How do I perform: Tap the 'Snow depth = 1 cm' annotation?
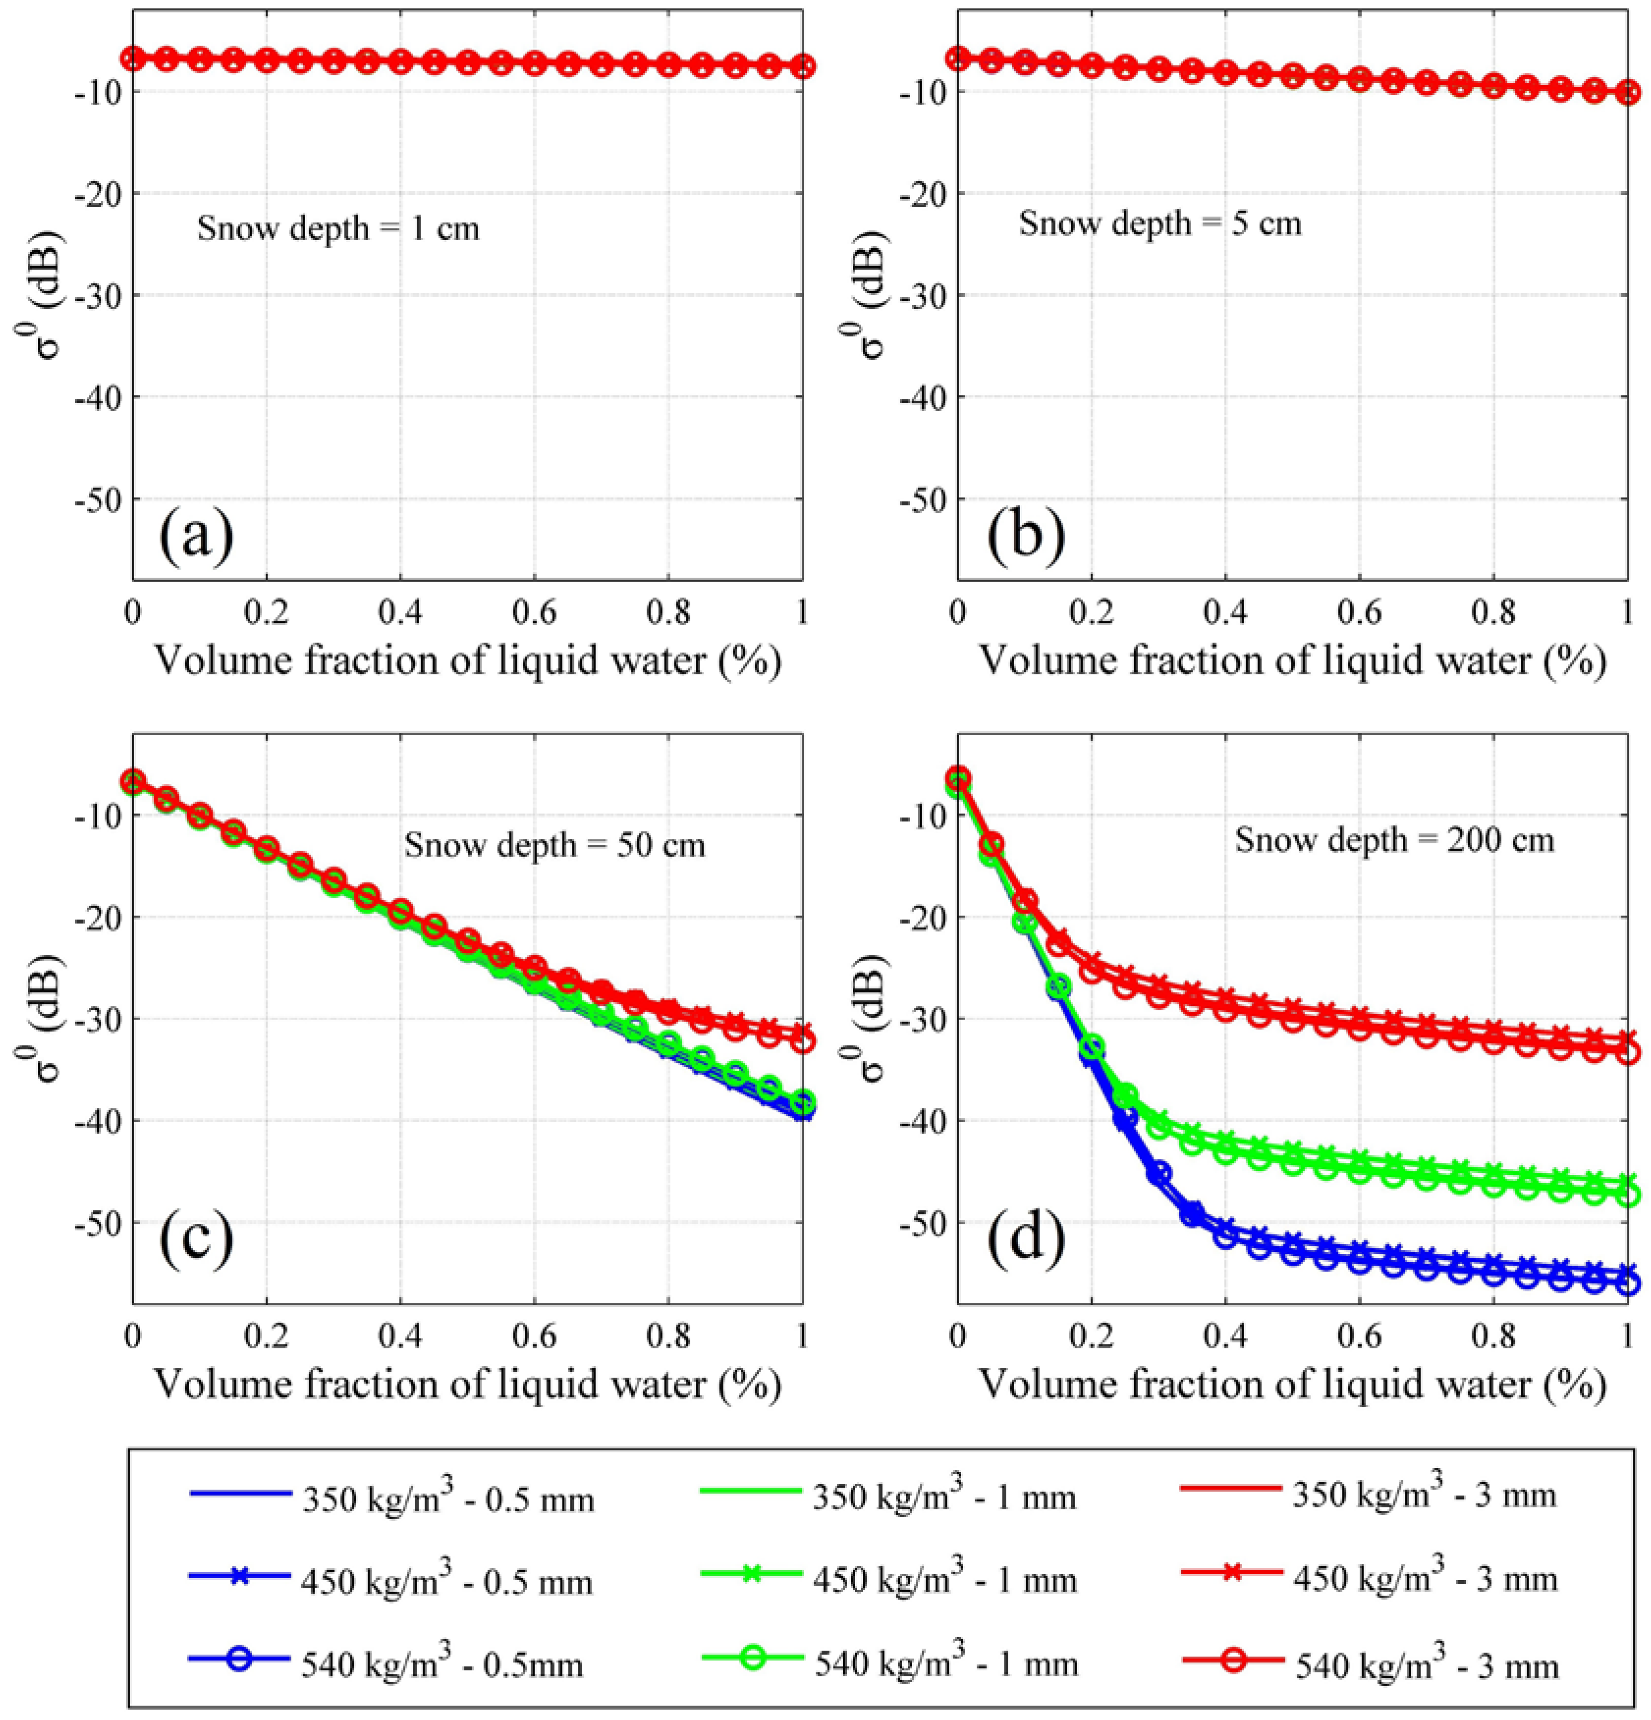(x=338, y=229)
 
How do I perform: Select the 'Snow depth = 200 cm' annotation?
(x=1395, y=840)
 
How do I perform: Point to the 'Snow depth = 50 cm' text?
(x=554, y=845)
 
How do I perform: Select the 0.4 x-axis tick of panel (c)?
(x=400, y=1334)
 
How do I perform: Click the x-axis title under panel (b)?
(x=1291, y=660)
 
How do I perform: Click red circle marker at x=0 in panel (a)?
(x=134, y=59)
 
